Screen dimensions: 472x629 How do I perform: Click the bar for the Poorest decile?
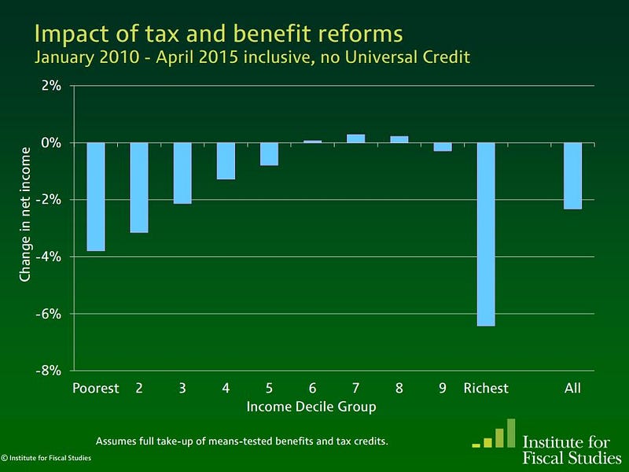pyautogui.click(x=96, y=197)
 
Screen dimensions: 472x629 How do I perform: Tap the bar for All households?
pyautogui.click(x=572, y=175)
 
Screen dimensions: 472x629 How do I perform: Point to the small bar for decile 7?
pyautogui.click(x=355, y=138)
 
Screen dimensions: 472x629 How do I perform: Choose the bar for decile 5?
pyautogui.click(x=269, y=154)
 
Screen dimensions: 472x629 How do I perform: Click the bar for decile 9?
pyautogui.click(x=443, y=146)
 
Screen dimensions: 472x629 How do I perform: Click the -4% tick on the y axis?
pyautogui.click(x=51, y=256)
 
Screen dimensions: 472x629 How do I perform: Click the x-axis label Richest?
pyautogui.click(x=486, y=388)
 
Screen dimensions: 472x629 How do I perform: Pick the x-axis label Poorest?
pyautogui.click(x=96, y=388)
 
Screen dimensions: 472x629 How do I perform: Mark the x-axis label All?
pyautogui.click(x=572, y=388)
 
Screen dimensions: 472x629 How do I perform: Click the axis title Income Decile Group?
pyautogui.click(x=311, y=407)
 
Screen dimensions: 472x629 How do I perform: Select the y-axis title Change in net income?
pyautogui.click(x=25, y=213)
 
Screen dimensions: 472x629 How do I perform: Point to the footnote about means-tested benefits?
pyautogui.click(x=241, y=440)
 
